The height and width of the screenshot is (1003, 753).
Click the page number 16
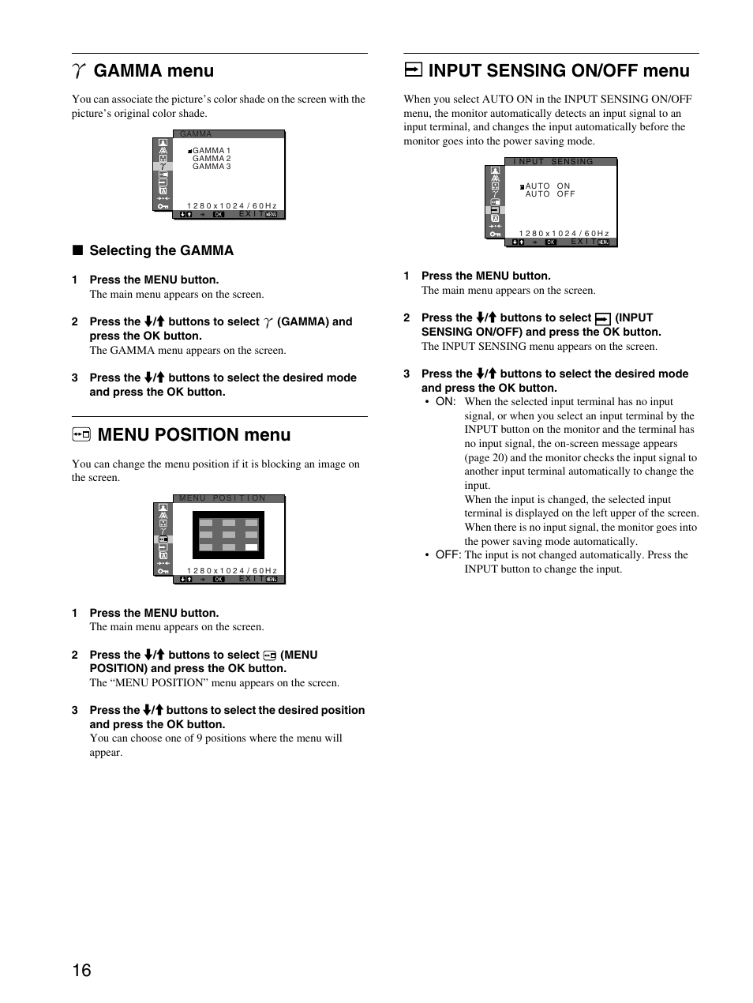[82, 970]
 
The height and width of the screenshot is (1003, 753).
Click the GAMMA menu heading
[153, 71]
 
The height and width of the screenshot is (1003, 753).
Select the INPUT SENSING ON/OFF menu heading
[559, 71]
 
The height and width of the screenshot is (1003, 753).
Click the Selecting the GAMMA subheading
[161, 250]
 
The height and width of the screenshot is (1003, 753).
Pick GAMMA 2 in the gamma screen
[212, 159]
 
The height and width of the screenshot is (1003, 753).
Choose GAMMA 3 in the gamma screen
[212, 167]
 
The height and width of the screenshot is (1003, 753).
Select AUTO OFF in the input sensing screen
[550, 194]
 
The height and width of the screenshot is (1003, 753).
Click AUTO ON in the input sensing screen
[548, 186]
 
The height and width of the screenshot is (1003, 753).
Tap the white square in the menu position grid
[251, 547]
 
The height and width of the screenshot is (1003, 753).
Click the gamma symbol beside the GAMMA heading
[78, 71]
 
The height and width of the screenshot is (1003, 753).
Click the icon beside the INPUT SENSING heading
[412, 71]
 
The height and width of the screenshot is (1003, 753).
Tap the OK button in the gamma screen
[219, 214]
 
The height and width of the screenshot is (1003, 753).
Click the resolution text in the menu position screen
[232, 570]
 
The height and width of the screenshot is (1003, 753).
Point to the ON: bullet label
[445, 402]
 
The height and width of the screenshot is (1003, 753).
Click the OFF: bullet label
[448, 555]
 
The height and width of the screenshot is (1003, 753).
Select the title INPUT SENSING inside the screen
[553, 162]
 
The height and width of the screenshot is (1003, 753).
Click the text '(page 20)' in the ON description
[487, 457]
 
